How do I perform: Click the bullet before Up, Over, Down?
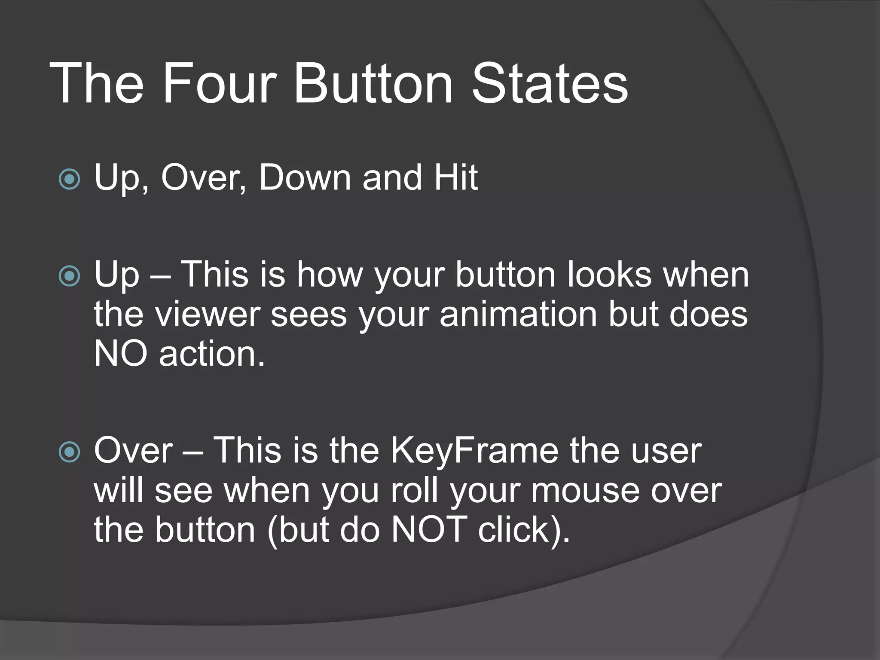coord(69,179)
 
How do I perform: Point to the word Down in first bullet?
coord(305,177)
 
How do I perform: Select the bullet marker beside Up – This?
coord(69,276)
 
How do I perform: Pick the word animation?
coord(518,314)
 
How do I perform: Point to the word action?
coord(211,354)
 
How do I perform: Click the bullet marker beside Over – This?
coord(69,452)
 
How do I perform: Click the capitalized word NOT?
coord(428,529)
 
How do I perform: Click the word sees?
coord(309,315)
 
